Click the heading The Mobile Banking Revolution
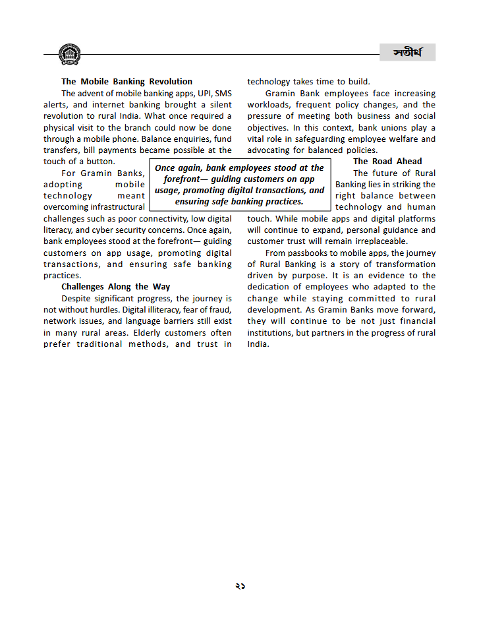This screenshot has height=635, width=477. [x=126, y=82]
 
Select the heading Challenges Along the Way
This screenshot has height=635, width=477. [x=115, y=287]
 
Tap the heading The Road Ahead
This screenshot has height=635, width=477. [x=387, y=162]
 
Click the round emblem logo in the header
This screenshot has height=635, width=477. [x=69, y=54]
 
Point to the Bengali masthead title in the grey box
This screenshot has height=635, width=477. [x=408, y=53]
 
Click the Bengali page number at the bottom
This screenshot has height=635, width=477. [x=239, y=586]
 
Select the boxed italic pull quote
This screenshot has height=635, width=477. [x=239, y=185]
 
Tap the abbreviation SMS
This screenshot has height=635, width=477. [x=223, y=94]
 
